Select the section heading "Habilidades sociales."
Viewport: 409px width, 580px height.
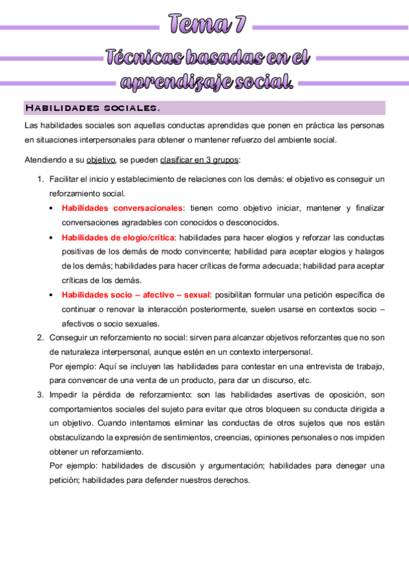(92, 108)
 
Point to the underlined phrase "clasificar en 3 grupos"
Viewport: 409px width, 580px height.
(199, 161)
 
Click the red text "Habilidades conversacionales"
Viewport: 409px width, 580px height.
(122, 208)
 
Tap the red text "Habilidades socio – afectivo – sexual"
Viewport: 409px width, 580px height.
(136, 295)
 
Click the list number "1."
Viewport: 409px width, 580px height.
(40, 179)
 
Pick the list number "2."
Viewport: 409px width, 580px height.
(40, 337)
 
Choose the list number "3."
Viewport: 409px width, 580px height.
(40, 394)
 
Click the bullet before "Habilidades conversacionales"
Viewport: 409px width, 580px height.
(53, 208)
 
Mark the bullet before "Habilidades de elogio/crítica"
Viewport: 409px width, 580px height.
(53, 237)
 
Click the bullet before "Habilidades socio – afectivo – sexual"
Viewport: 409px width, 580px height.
(53, 295)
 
